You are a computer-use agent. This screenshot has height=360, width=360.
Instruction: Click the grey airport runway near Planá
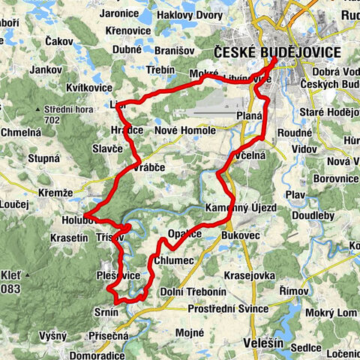217,113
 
